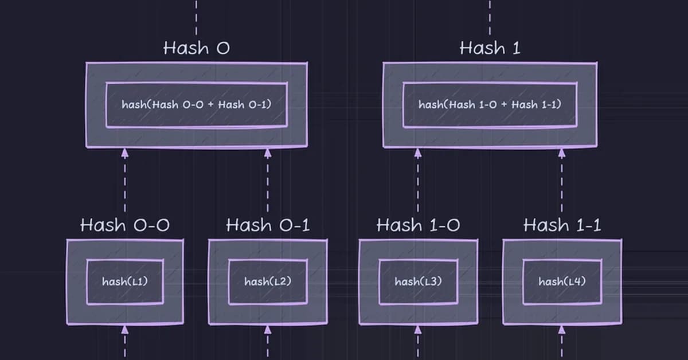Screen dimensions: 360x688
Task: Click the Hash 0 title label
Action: click(x=196, y=48)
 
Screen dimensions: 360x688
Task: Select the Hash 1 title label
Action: click(x=490, y=48)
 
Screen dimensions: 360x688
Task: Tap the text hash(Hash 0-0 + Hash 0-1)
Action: click(x=196, y=105)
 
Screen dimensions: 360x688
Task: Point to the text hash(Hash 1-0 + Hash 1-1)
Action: click(x=490, y=105)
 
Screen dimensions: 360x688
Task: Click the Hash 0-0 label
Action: click(x=124, y=225)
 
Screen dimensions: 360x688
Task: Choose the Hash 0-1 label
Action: click(x=268, y=225)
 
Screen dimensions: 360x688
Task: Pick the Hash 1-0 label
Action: click(x=418, y=225)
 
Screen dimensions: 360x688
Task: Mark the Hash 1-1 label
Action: click(x=562, y=225)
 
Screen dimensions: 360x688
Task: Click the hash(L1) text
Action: click(x=124, y=281)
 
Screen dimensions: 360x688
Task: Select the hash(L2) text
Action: click(x=268, y=281)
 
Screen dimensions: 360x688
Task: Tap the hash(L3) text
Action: click(x=418, y=281)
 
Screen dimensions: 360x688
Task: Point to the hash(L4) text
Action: click(x=562, y=281)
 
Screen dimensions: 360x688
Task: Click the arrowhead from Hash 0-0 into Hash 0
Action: click(x=124, y=152)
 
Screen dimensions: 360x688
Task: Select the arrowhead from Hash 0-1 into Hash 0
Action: click(x=267, y=152)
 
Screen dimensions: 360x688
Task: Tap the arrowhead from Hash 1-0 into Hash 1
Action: click(x=418, y=152)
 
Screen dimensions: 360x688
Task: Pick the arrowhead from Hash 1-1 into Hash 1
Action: click(x=562, y=152)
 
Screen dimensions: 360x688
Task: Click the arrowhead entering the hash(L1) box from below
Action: click(x=124, y=330)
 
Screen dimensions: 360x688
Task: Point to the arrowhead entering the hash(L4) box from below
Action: click(x=562, y=330)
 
